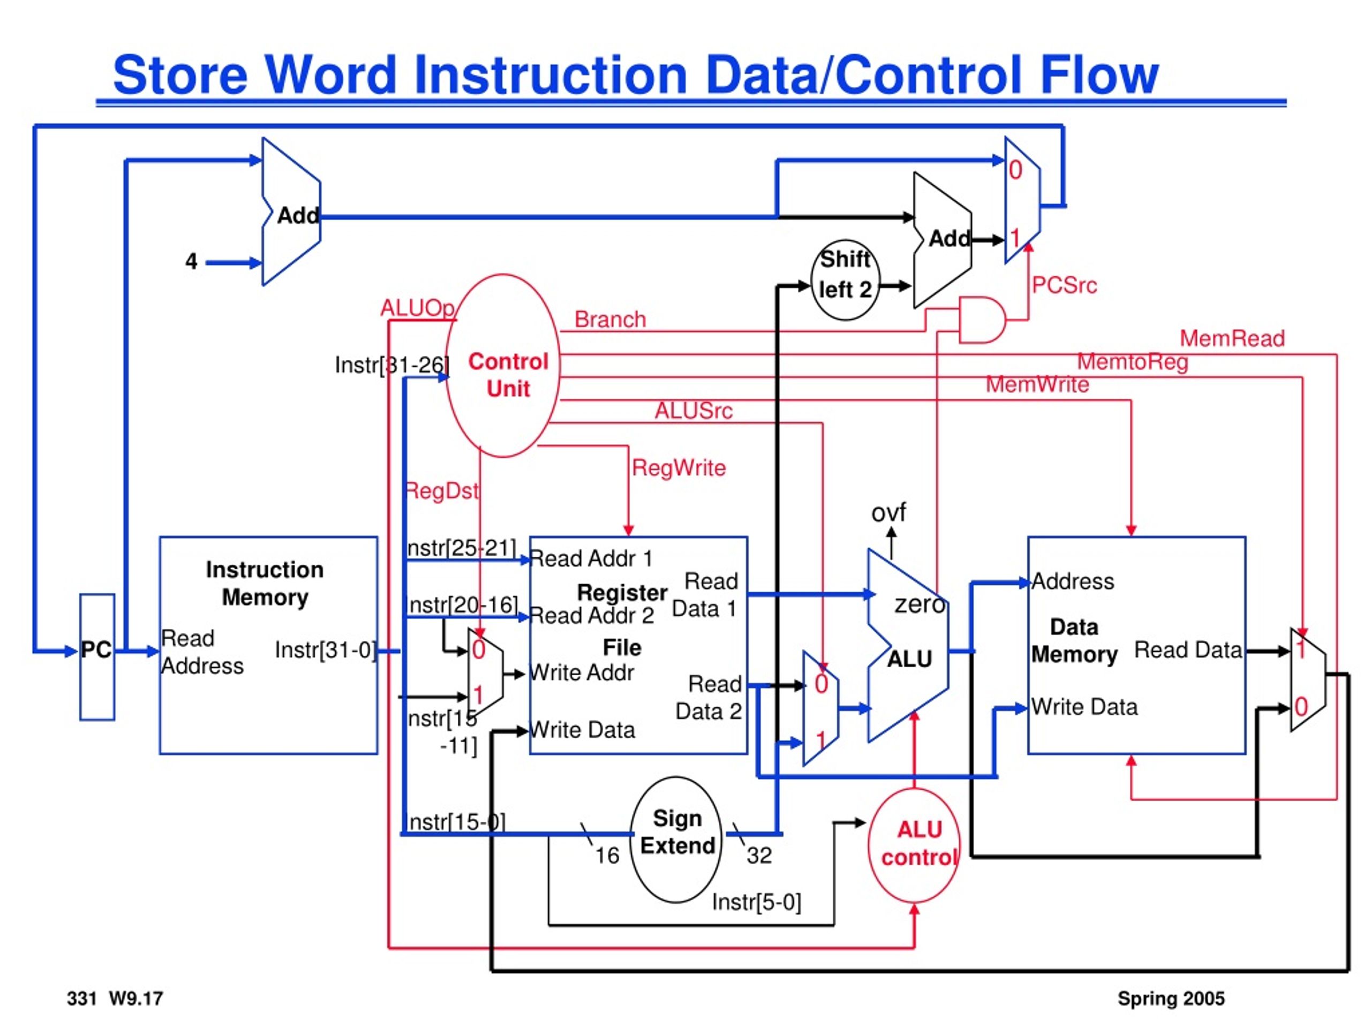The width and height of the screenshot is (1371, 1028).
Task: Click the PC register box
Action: coord(97,657)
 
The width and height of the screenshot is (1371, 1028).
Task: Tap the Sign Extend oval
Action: coord(676,839)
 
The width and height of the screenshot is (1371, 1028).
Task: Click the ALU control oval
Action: coord(914,845)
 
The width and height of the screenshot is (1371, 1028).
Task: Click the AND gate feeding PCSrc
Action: coord(982,320)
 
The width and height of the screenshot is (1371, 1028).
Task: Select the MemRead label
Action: coord(1232,338)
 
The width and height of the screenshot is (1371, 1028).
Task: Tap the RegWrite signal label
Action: coord(679,468)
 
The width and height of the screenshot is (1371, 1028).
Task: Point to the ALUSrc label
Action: coord(694,410)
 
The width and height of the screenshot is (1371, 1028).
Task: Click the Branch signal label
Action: coord(610,319)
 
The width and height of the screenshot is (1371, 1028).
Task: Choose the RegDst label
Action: coord(442,492)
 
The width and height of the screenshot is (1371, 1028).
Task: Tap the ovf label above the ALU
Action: coord(889,512)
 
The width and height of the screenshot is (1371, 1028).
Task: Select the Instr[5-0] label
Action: coord(756,902)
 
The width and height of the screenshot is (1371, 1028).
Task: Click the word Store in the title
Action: coord(180,75)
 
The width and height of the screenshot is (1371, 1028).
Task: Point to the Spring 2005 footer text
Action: coord(1171,998)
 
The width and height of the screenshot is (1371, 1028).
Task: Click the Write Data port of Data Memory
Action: coord(1084,707)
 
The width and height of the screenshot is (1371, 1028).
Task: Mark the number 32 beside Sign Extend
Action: coord(759,856)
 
